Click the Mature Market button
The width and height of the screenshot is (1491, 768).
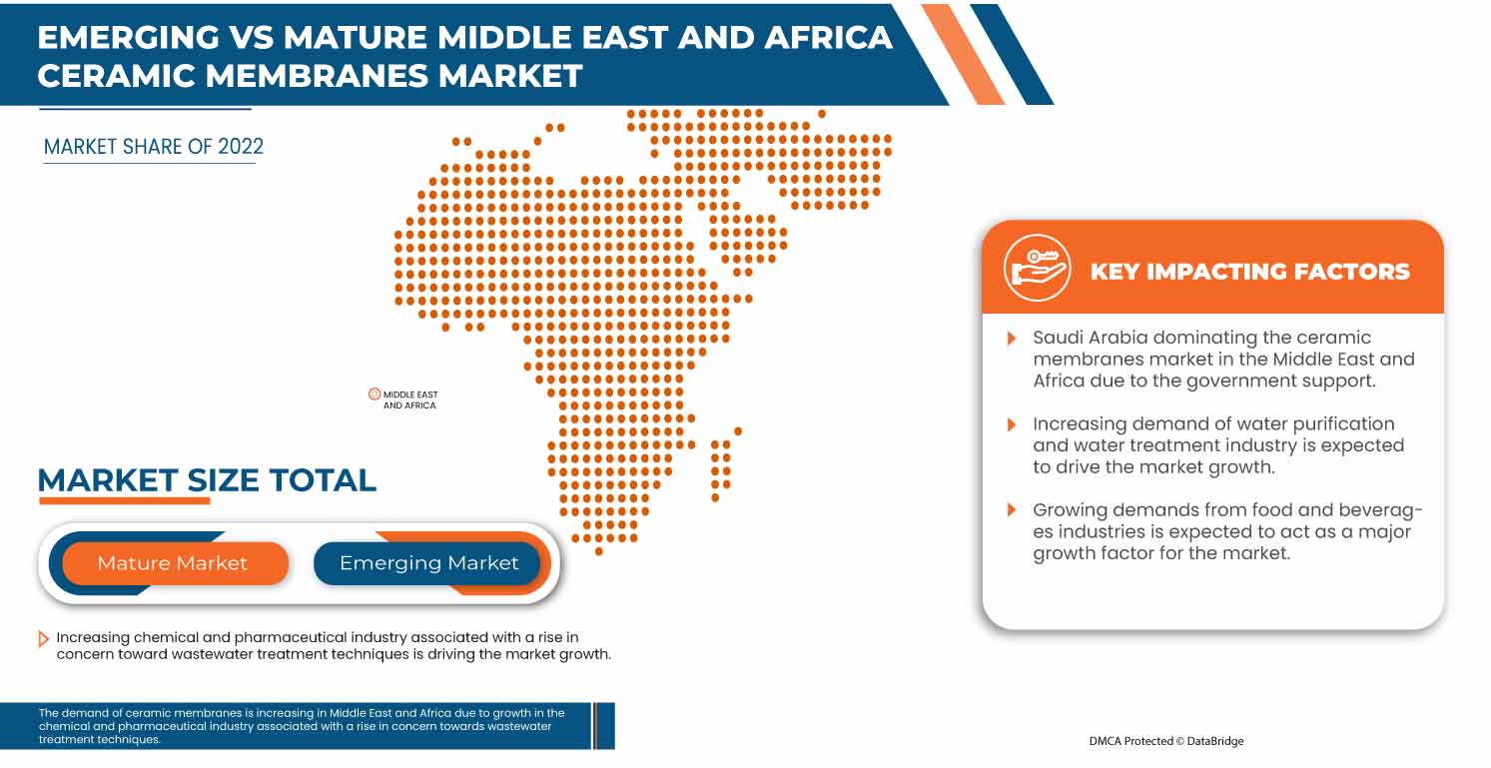[x=172, y=563]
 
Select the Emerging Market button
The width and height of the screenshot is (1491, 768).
[x=428, y=563]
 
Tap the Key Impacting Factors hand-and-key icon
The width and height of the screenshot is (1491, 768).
[x=1038, y=269]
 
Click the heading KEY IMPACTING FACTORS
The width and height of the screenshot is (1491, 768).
[x=1249, y=272]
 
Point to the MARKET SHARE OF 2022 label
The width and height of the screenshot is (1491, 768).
[x=154, y=147]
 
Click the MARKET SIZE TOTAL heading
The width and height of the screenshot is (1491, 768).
[x=207, y=480]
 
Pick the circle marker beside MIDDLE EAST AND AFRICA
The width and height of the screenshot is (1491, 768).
[x=374, y=394]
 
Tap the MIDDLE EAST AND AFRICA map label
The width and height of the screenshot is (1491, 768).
[x=410, y=400]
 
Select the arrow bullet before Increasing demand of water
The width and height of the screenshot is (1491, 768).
[x=1013, y=424]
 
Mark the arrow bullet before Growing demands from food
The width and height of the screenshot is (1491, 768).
[x=1013, y=511]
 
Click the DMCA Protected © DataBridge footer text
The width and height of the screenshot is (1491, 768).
[x=1166, y=741]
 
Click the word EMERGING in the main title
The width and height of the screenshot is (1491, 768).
[x=131, y=37]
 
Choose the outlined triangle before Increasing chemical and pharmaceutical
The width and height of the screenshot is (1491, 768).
[x=43, y=638]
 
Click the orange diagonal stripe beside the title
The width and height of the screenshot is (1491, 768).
[x=963, y=54]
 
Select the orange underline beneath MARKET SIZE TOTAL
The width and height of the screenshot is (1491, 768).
[x=124, y=500]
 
